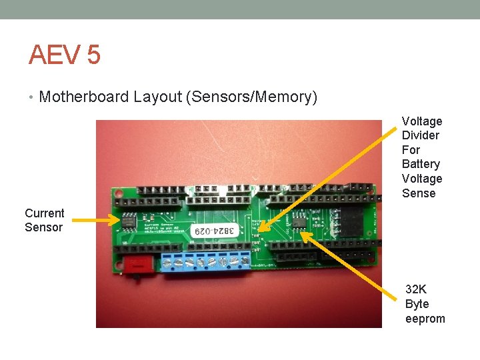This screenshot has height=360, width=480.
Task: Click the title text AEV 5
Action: pyautogui.click(x=64, y=54)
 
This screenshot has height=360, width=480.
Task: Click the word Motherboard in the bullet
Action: pyautogui.click(x=84, y=97)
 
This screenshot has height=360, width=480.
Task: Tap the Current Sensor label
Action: pyautogui.click(x=44, y=220)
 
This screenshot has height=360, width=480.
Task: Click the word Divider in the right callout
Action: pyautogui.click(x=420, y=135)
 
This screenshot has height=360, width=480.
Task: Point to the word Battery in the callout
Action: pyautogui.click(x=421, y=164)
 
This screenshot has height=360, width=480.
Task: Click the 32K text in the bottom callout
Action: pyautogui.click(x=416, y=289)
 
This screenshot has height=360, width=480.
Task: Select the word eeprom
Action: pyautogui.click(x=425, y=319)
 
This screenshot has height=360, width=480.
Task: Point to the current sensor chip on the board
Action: pyautogui.click(x=127, y=219)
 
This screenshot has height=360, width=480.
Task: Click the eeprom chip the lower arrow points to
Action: pyautogui.click(x=297, y=221)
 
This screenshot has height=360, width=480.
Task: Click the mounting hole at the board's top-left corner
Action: pyautogui.click(x=118, y=199)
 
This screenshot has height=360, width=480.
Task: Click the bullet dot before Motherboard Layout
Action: pyautogui.click(x=31, y=97)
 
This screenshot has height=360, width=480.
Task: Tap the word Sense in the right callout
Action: pyautogui.click(x=418, y=193)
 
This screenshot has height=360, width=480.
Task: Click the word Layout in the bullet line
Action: pyautogui.click(x=157, y=97)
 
